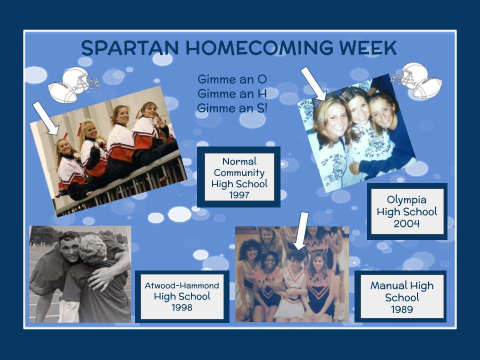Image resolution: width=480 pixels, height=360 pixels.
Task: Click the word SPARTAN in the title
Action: point(130,48)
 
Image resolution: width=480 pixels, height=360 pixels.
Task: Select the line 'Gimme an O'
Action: point(232,79)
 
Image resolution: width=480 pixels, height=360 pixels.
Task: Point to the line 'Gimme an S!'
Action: point(232,108)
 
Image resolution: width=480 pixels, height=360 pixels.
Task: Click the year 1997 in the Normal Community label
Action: point(239,194)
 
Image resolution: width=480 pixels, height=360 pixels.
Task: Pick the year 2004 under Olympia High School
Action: point(406,223)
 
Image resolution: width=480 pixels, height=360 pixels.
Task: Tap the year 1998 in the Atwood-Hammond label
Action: point(182,307)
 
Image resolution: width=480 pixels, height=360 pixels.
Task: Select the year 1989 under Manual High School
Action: point(402,309)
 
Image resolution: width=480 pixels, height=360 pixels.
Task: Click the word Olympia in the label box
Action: point(406,200)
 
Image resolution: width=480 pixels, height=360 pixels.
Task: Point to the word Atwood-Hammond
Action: point(182,285)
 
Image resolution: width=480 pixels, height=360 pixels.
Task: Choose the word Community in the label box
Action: point(239,173)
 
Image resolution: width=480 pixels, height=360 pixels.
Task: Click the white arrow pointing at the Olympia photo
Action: point(314,84)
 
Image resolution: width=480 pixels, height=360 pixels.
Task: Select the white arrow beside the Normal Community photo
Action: point(46,118)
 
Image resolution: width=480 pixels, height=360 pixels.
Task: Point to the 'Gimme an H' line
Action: point(232,93)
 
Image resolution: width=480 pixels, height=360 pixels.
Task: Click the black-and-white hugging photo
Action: point(80,274)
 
